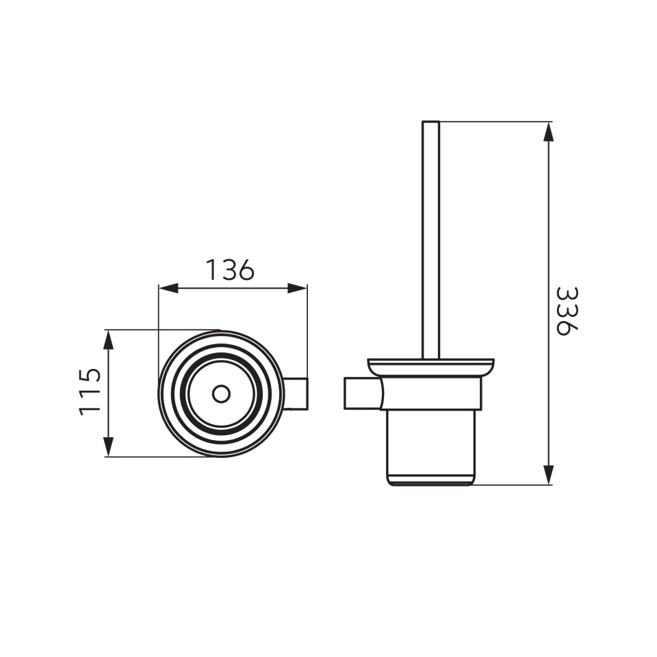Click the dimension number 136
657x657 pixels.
click(230, 270)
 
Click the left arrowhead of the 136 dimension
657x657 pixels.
click(168, 288)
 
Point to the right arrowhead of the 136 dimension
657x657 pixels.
click(298, 288)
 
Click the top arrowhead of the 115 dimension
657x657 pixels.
click(109, 340)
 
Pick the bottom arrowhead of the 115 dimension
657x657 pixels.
click(109, 447)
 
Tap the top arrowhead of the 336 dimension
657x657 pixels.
click(548, 132)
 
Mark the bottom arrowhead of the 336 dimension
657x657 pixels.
click(548, 475)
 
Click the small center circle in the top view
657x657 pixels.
click(221, 394)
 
